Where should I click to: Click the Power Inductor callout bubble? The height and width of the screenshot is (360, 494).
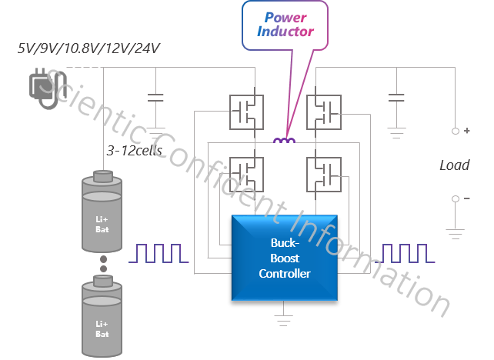click(285, 25)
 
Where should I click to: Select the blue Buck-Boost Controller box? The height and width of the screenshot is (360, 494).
click(285, 257)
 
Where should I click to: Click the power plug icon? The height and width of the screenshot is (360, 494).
click(42, 85)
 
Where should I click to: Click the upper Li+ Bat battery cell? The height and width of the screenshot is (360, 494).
click(102, 212)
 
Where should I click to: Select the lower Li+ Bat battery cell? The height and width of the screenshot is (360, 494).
click(102, 320)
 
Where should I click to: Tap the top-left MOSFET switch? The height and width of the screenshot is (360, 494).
click(247, 112)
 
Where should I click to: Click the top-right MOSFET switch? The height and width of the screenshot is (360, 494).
click(322, 112)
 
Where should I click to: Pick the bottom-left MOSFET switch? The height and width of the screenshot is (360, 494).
click(247, 175)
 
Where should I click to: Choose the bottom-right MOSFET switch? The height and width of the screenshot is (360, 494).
click(322, 175)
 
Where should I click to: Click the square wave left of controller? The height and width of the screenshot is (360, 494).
click(159, 254)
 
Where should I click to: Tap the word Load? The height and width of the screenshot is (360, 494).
click(454, 165)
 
